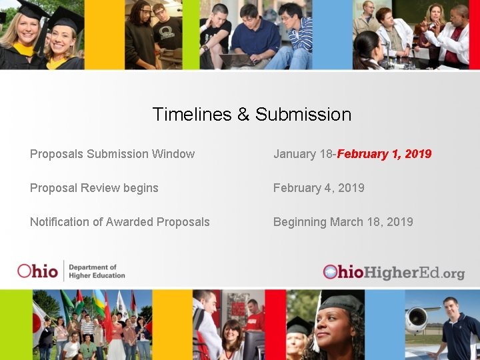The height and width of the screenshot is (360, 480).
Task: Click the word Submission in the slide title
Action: click(x=303, y=115)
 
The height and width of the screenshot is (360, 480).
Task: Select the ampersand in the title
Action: click(x=244, y=115)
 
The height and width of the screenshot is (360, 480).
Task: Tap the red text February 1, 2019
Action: click(x=385, y=154)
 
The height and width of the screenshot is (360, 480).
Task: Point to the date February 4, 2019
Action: click(x=319, y=188)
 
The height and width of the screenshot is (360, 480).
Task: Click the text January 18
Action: click(x=303, y=154)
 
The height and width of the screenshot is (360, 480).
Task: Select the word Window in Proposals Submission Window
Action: click(x=173, y=154)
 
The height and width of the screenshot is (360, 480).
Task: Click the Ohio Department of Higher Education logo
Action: click(x=71, y=271)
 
